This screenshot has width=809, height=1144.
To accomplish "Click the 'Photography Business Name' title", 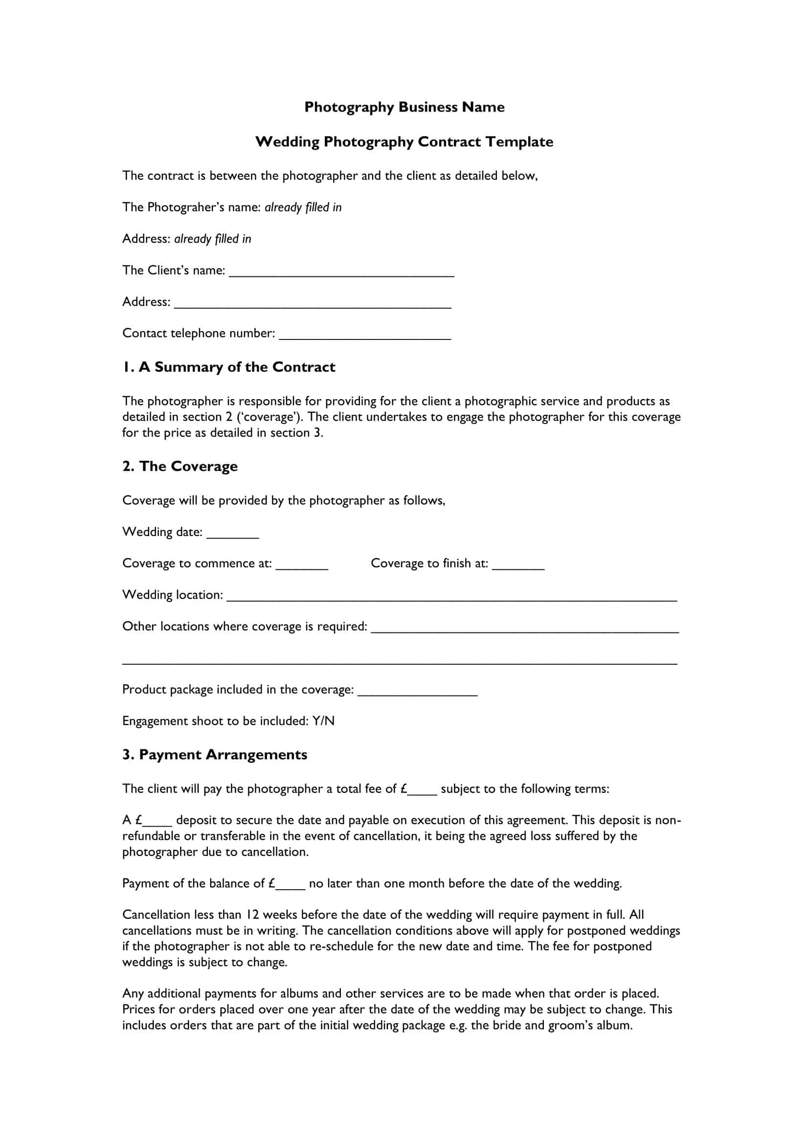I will (x=404, y=107).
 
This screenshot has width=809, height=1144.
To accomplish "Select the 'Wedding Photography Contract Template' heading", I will (x=404, y=142).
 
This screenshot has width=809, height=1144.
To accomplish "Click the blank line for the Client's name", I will (x=341, y=271).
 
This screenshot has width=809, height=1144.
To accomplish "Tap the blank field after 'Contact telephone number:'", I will (x=365, y=335).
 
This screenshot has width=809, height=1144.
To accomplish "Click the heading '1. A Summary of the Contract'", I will (x=228, y=367).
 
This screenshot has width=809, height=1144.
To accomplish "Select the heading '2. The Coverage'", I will (x=180, y=467).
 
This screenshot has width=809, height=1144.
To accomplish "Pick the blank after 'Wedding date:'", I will (x=233, y=533).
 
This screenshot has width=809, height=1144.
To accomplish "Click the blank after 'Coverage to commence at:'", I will (x=302, y=564).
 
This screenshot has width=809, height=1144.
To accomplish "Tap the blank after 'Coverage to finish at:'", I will (x=518, y=564).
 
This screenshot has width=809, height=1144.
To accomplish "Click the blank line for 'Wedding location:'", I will (x=451, y=596).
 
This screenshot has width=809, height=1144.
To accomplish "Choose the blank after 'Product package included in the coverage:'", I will (x=417, y=691).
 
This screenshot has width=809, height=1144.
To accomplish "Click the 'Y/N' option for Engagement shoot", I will (x=323, y=721).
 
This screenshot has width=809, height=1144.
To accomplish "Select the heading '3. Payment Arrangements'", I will (x=215, y=755).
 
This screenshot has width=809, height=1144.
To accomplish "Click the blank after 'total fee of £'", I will (x=423, y=790).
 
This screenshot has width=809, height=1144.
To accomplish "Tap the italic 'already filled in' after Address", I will (x=213, y=239).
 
